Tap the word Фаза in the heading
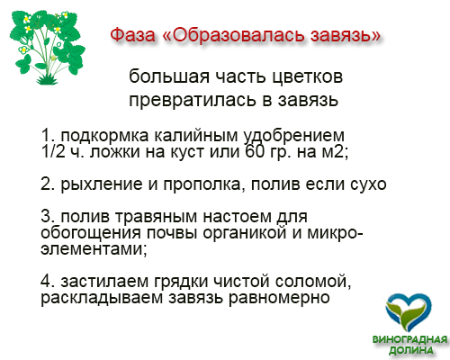coord(132,35)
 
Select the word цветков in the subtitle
coord(308,77)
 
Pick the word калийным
coord(195,136)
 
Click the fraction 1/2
coord(53,151)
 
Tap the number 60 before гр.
coord(255,151)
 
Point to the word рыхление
coord(102,184)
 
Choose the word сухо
coord(368,184)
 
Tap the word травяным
coord(156,217)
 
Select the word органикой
coord(245,232)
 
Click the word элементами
coord(92,249)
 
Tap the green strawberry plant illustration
coord(47,47)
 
